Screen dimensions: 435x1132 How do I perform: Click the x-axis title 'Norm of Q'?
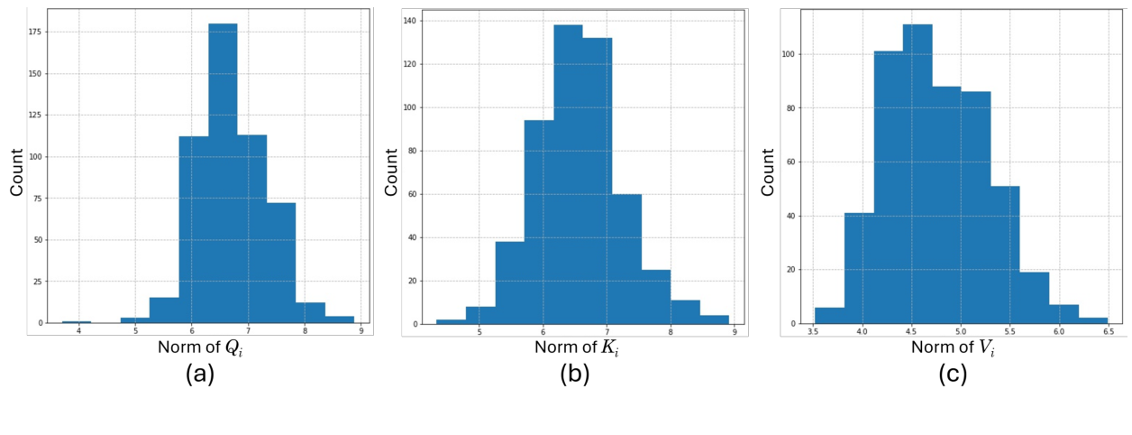click(200, 347)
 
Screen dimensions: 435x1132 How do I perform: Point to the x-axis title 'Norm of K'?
click(576, 347)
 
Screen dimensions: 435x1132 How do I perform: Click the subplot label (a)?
click(199, 374)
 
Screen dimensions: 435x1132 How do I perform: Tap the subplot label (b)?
click(574, 374)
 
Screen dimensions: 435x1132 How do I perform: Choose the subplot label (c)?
click(952, 374)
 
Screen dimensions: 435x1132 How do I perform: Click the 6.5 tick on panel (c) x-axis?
click(1108, 332)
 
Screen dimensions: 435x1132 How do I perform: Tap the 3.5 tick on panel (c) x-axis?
click(813, 332)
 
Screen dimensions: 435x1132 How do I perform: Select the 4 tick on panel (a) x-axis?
click(78, 331)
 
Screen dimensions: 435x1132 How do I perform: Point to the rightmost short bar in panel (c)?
click(1093, 320)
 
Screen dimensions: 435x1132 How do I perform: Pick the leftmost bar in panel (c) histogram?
click(829, 315)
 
